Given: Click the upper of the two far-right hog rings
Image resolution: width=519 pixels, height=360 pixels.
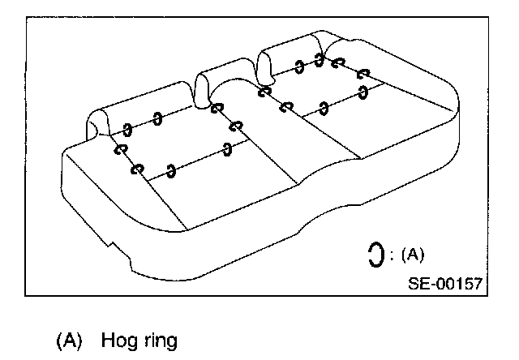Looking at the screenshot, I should click(362, 72).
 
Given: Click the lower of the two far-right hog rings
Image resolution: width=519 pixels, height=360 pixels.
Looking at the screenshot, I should click(362, 90).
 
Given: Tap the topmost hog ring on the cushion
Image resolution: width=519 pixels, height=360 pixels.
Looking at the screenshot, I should click(320, 58).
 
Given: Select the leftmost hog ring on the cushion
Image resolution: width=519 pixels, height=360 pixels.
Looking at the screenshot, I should click(121, 149).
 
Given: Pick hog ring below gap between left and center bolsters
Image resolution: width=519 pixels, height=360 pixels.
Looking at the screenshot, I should click(216, 108).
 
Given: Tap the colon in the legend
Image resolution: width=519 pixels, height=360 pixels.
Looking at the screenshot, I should click(392, 255).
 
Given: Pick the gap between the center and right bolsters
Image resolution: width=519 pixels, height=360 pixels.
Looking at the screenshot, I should click(261, 65).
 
